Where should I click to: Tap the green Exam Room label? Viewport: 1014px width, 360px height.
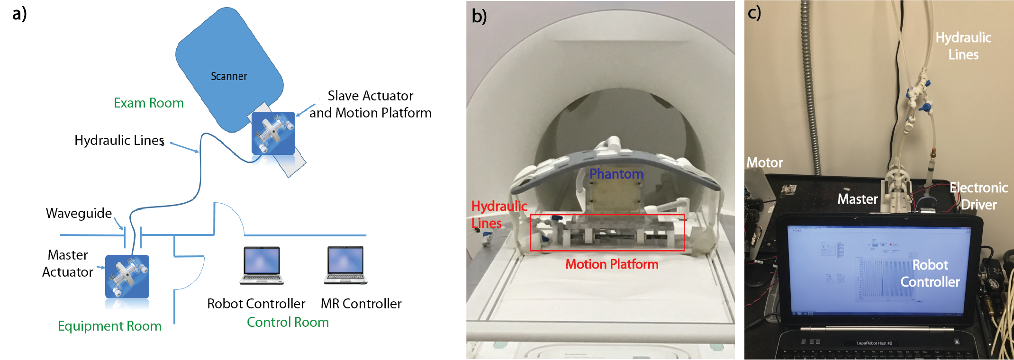pyautogui.click(x=148, y=103)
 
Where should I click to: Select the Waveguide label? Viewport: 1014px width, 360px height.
pyautogui.click(x=79, y=213)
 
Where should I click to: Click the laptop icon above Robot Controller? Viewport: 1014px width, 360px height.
pyautogui.click(x=262, y=265)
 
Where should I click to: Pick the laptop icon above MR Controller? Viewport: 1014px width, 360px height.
pyautogui.click(x=345, y=265)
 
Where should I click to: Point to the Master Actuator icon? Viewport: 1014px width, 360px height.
pyautogui.click(x=127, y=277)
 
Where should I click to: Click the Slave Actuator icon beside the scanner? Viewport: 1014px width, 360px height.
pyautogui.click(x=273, y=133)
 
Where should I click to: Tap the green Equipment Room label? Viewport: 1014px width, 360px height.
pyautogui.click(x=109, y=326)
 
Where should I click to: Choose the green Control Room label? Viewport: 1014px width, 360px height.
pyautogui.click(x=288, y=322)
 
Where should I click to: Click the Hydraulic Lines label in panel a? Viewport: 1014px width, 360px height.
pyautogui.click(x=119, y=140)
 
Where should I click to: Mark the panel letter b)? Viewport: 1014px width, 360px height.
pyautogui.click(x=479, y=17)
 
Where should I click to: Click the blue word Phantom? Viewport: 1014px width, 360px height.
pyautogui.click(x=616, y=174)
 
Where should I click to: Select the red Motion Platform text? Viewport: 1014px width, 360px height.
pyautogui.click(x=612, y=264)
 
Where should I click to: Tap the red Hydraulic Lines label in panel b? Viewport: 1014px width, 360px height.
pyautogui.click(x=498, y=214)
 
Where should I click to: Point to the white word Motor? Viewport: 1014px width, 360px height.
pyautogui.click(x=764, y=162)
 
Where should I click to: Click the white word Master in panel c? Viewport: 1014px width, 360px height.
pyautogui.click(x=857, y=199)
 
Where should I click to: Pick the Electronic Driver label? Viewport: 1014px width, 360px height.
pyautogui.click(x=978, y=196)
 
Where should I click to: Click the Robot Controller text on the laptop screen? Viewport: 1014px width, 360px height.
pyautogui.click(x=930, y=273)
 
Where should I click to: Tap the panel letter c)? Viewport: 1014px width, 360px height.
pyautogui.click(x=754, y=12)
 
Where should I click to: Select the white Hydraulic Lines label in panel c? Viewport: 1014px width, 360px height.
pyautogui.click(x=963, y=46)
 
